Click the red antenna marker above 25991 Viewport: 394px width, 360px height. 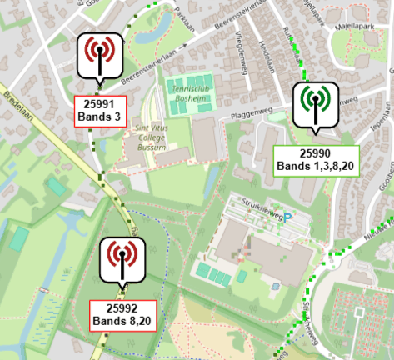click(x=99, y=54)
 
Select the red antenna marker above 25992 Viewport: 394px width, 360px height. click(x=122, y=258)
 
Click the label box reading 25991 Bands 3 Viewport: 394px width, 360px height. click(x=99, y=108)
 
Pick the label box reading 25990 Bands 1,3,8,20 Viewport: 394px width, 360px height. click(x=316, y=159)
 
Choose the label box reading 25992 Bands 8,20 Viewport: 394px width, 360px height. click(x=122, y=314)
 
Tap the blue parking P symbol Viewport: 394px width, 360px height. click(x=287, y=217)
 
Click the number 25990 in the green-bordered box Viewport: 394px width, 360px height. click(x=316, y=153)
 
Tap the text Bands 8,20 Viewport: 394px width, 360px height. click(x=122, y=321)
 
